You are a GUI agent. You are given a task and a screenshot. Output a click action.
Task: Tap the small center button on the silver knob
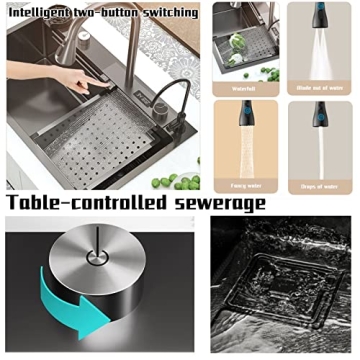point(96,254)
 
